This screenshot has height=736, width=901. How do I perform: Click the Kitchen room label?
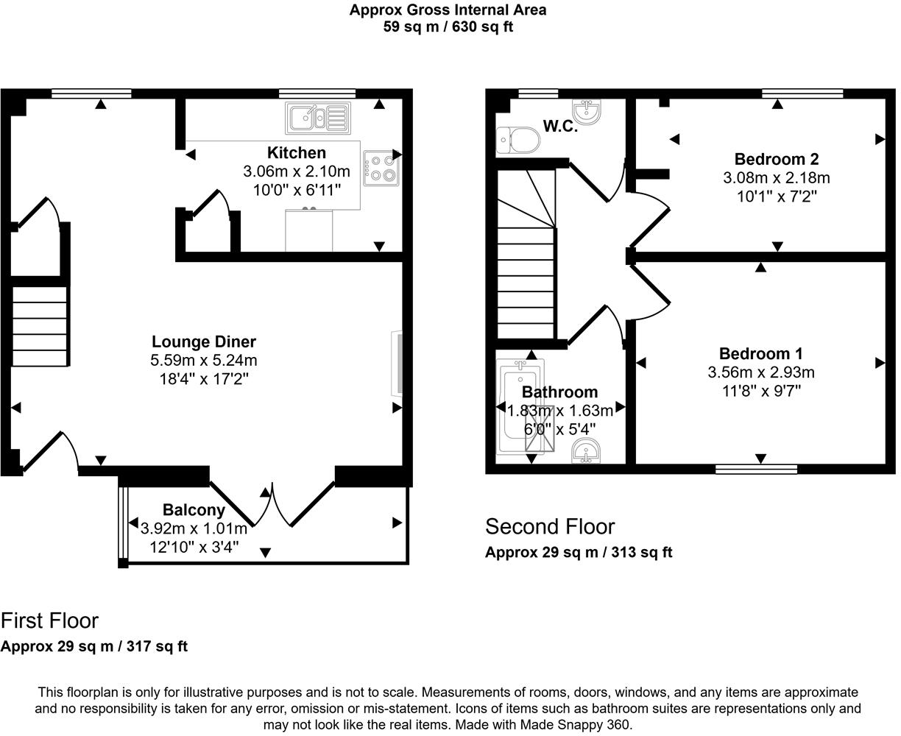coord(296,153)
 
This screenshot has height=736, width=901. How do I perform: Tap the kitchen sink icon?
coord(317,118)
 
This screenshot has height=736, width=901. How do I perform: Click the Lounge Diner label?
coord(204,342)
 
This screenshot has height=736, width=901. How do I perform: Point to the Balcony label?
coord(194,510)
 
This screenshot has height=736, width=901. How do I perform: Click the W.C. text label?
coord(560,127)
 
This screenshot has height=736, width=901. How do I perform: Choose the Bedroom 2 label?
coord(777,159)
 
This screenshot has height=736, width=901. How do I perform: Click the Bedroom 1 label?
coord(761,353)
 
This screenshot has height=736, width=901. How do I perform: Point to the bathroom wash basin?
coord(587,451)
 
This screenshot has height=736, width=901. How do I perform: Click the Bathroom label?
coord(559,392)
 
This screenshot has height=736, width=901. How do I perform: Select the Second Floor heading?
coord(549,527)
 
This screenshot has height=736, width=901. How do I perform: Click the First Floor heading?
coord(49,620)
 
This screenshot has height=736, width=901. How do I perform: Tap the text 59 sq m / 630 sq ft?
coord(448,27)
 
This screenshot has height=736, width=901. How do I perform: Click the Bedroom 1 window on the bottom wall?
coord(757,468)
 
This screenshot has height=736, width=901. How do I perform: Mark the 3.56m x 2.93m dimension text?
coord(761,372)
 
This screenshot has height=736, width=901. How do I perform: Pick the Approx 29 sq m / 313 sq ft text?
coord(578,553)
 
